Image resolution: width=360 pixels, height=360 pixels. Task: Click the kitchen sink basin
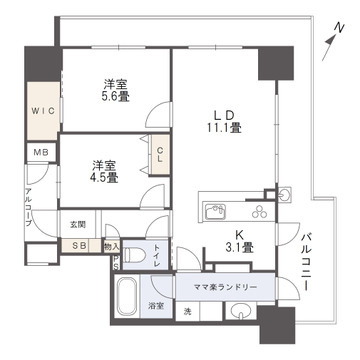coord(217,212)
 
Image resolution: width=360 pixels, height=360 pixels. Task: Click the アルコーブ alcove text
coord(30,211)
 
